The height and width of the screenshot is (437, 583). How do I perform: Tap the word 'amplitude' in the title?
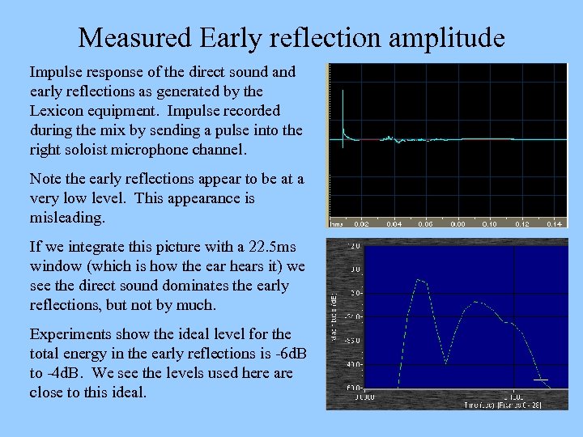point(443,37)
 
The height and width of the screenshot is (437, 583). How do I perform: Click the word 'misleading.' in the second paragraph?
point(66,218)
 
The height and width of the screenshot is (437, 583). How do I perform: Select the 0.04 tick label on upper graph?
point(394,223)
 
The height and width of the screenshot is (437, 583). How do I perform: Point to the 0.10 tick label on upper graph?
point(490,223)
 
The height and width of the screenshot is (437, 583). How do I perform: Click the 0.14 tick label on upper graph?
point(555,223)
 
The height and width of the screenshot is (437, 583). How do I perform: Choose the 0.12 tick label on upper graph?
point(522,223)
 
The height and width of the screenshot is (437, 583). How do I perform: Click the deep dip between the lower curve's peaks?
point(445,362)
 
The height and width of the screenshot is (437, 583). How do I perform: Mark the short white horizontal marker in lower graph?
point(541,380)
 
